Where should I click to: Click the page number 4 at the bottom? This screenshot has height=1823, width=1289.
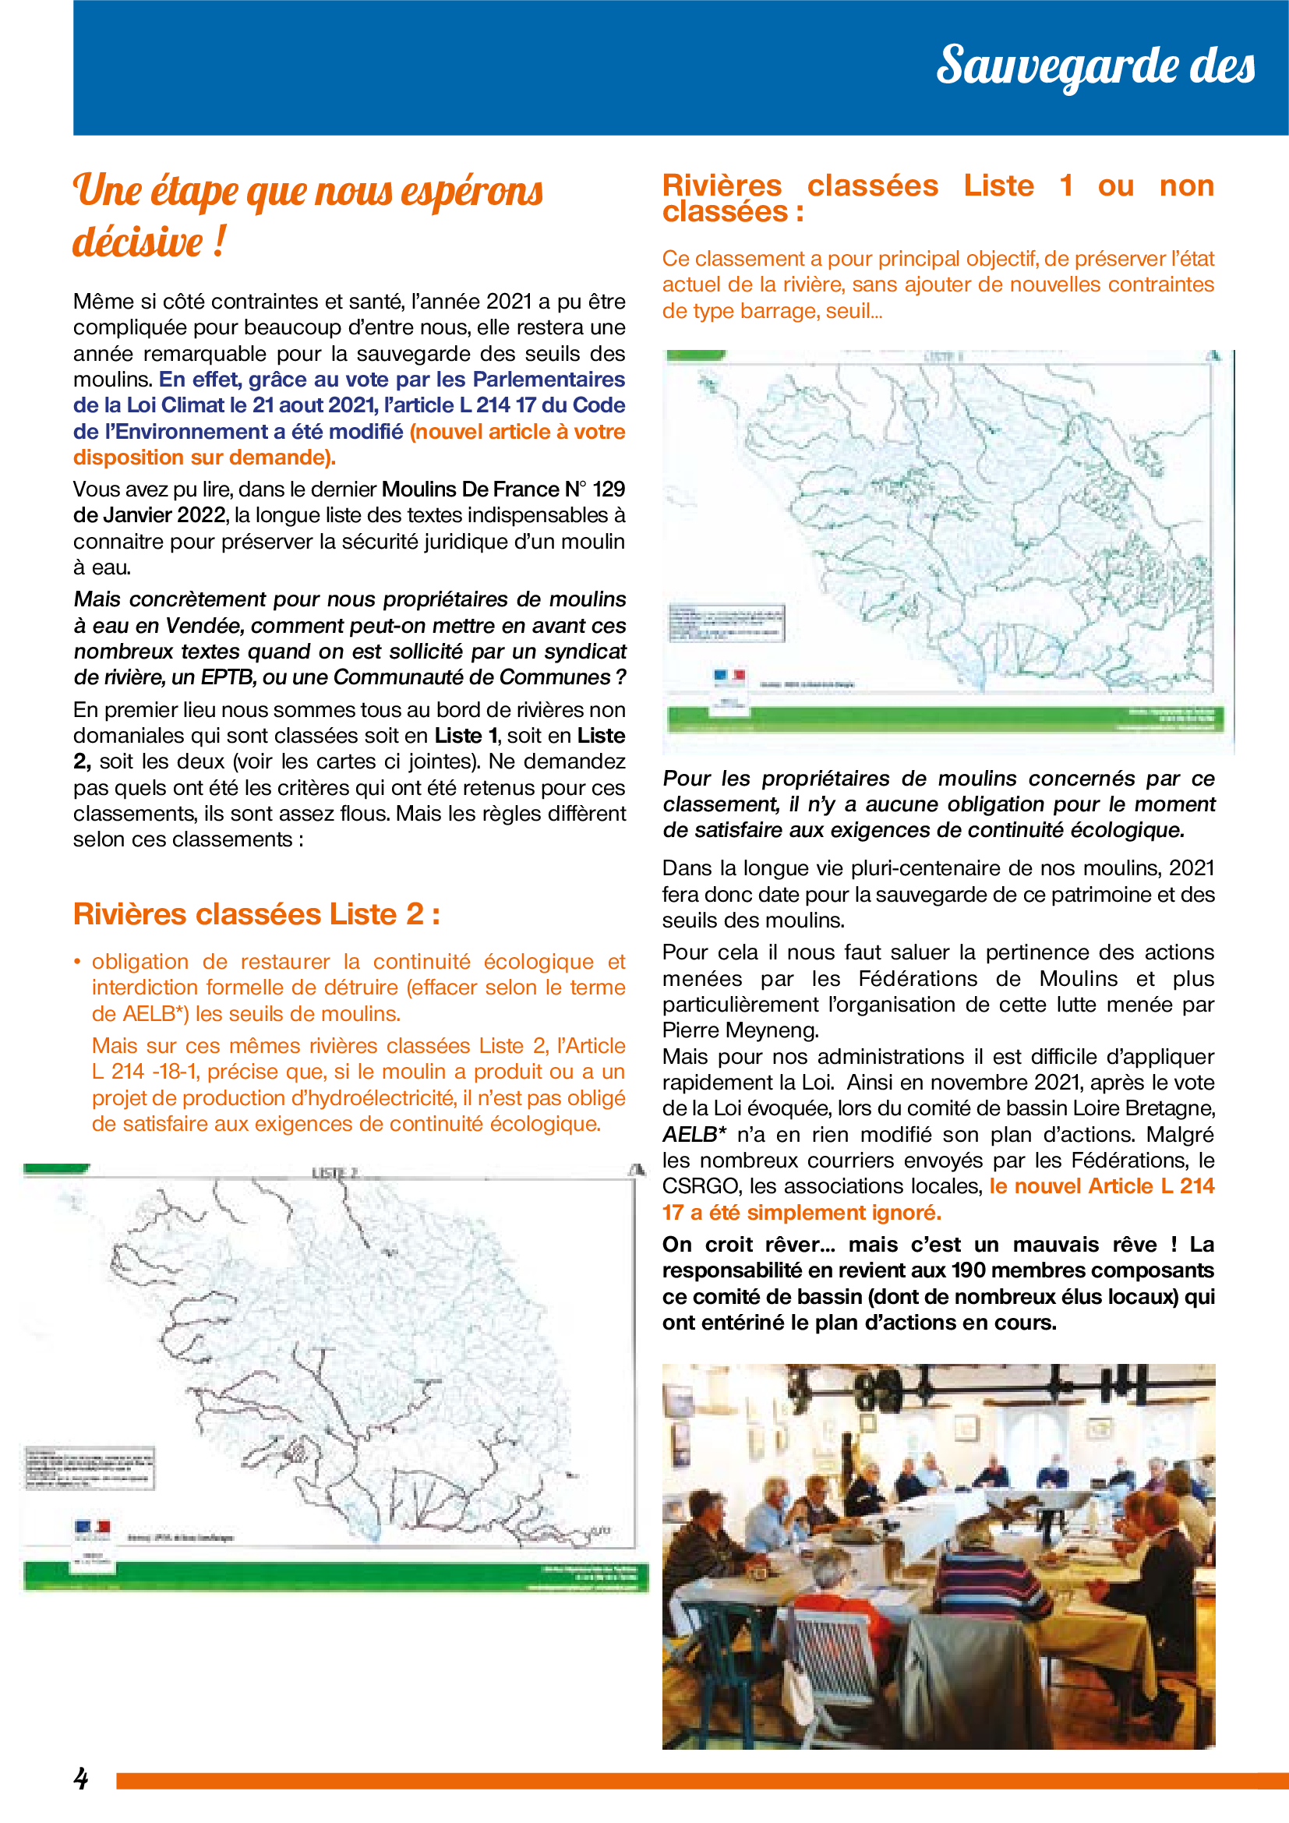coord(81,1778)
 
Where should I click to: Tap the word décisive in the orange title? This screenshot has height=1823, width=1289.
coord(138,242)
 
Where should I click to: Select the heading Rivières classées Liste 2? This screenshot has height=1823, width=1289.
coord(256,914)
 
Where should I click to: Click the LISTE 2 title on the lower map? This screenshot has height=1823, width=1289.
coord(334,1173)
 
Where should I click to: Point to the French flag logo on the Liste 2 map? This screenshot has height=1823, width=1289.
coord(92,1526)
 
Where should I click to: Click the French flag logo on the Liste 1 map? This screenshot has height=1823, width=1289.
coord(729,676)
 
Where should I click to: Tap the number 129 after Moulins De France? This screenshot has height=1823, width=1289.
coord(609,489)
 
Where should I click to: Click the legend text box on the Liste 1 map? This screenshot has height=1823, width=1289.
coord(726,623)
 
